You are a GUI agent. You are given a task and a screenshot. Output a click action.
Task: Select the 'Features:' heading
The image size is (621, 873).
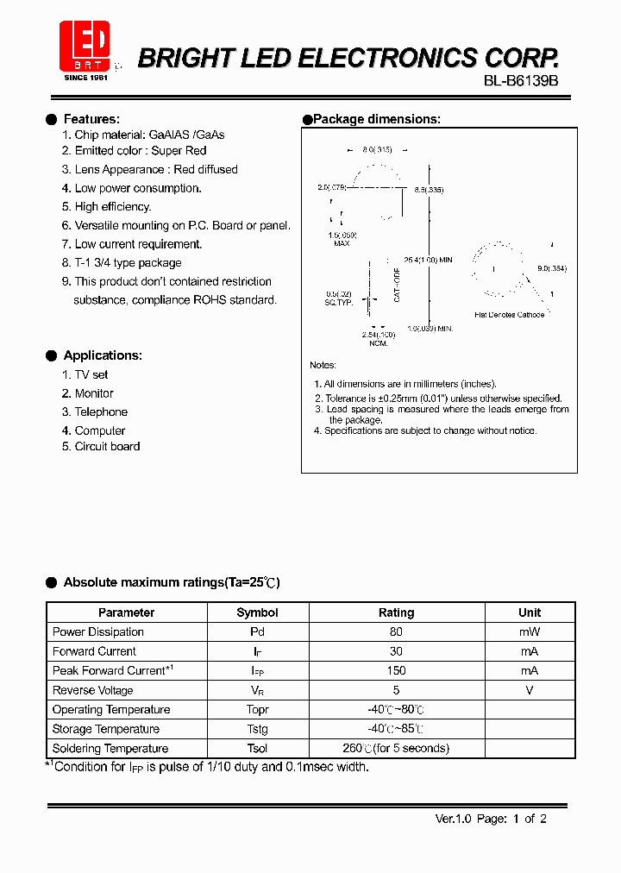pyautogui.click(x=91, y=119)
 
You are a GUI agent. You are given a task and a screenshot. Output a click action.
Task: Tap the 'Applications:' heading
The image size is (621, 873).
pyautogui.click(x=103, y=355)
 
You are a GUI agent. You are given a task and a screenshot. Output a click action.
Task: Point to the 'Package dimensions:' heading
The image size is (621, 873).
pyautogui.click(x=376, y=119)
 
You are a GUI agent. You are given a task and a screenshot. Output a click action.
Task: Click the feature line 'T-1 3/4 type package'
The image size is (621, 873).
pyautogui.click(x=128, y=263)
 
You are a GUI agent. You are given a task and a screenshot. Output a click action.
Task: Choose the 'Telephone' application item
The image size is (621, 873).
pyautogui.click(x=101, y=412)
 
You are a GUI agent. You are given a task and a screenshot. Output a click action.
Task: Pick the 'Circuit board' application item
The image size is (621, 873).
pyautogui.click(x=107, y=447)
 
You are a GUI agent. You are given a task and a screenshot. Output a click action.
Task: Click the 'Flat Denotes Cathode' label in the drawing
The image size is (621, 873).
pyautogui.click(x=510, y=315)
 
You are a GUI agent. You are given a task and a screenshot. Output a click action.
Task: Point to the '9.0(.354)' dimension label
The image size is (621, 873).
pyautogui.click(x=552, y=268)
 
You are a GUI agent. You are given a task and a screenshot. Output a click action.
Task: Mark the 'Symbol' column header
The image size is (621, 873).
pyautogui.click(x=257, y=612)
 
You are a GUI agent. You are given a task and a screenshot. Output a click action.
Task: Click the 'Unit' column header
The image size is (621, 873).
pyautogui.click(x=530, y=612)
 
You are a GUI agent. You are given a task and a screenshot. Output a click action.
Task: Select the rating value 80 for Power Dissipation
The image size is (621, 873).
pyautogui.click(x=396, y=632)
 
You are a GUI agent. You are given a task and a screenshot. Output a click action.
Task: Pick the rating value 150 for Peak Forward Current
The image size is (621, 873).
pyautogui.click(x=396, y=671)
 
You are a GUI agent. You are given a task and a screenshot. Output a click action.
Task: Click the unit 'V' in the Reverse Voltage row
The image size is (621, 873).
pyautogui.click(x=530, y=690)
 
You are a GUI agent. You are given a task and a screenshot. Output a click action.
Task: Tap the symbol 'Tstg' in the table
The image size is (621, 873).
pyautogui.click(x=257, y=729)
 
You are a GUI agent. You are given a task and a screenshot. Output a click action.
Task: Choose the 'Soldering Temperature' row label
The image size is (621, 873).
pyautogui.click(x=110, y=749)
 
